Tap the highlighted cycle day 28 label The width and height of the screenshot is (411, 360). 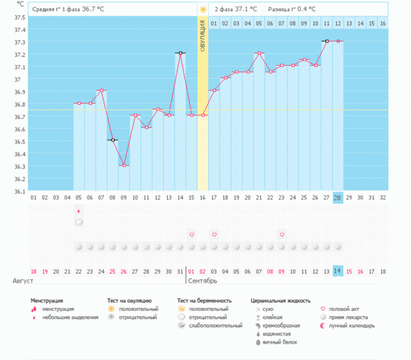click(338, 198)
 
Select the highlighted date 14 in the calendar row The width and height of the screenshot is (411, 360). click(338, 271)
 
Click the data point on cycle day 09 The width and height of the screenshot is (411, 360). click(123, 166)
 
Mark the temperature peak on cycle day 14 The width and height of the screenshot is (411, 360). click(180, 53)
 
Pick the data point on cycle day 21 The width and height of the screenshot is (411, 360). click(259, 53)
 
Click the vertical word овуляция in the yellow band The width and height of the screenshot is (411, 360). click(203, 34)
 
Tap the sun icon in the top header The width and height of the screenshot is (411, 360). click(203, 10)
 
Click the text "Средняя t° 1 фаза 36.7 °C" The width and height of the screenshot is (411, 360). click(68, 10)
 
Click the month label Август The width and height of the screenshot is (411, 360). click(23, 281)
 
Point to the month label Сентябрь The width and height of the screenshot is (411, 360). click(203, 281)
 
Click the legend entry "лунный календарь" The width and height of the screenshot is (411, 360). click(351, 326)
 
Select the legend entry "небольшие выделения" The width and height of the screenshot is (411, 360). click(69, 318)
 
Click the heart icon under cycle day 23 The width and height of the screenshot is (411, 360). click(282, 235)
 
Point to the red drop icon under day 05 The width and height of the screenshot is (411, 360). click(79, 211)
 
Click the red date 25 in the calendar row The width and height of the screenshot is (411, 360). click(112, 271)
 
